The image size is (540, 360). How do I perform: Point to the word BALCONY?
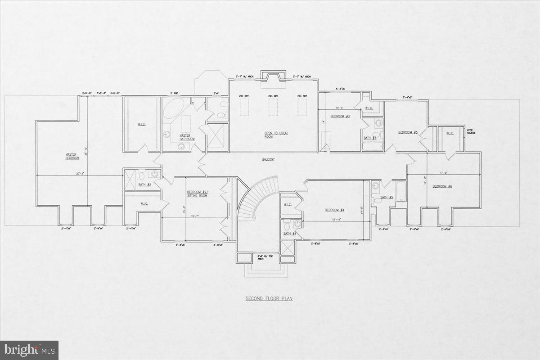pos(268,159)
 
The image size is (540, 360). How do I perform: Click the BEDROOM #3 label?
pos(340,116)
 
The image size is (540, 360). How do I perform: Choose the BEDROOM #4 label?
pos(335,210)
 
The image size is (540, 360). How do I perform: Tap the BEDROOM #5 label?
pos(408,132)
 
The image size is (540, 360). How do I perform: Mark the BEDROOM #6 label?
pos(442,186)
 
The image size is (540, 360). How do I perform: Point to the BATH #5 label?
pos(387,197)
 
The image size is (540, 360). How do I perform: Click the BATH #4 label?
pos(290,234)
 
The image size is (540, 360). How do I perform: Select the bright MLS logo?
pos(29,350)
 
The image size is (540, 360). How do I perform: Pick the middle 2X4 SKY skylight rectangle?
pos(271,109)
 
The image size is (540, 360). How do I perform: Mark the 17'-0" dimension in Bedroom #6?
pos(445,172)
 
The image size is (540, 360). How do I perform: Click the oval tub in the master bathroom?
pos(172,110)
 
